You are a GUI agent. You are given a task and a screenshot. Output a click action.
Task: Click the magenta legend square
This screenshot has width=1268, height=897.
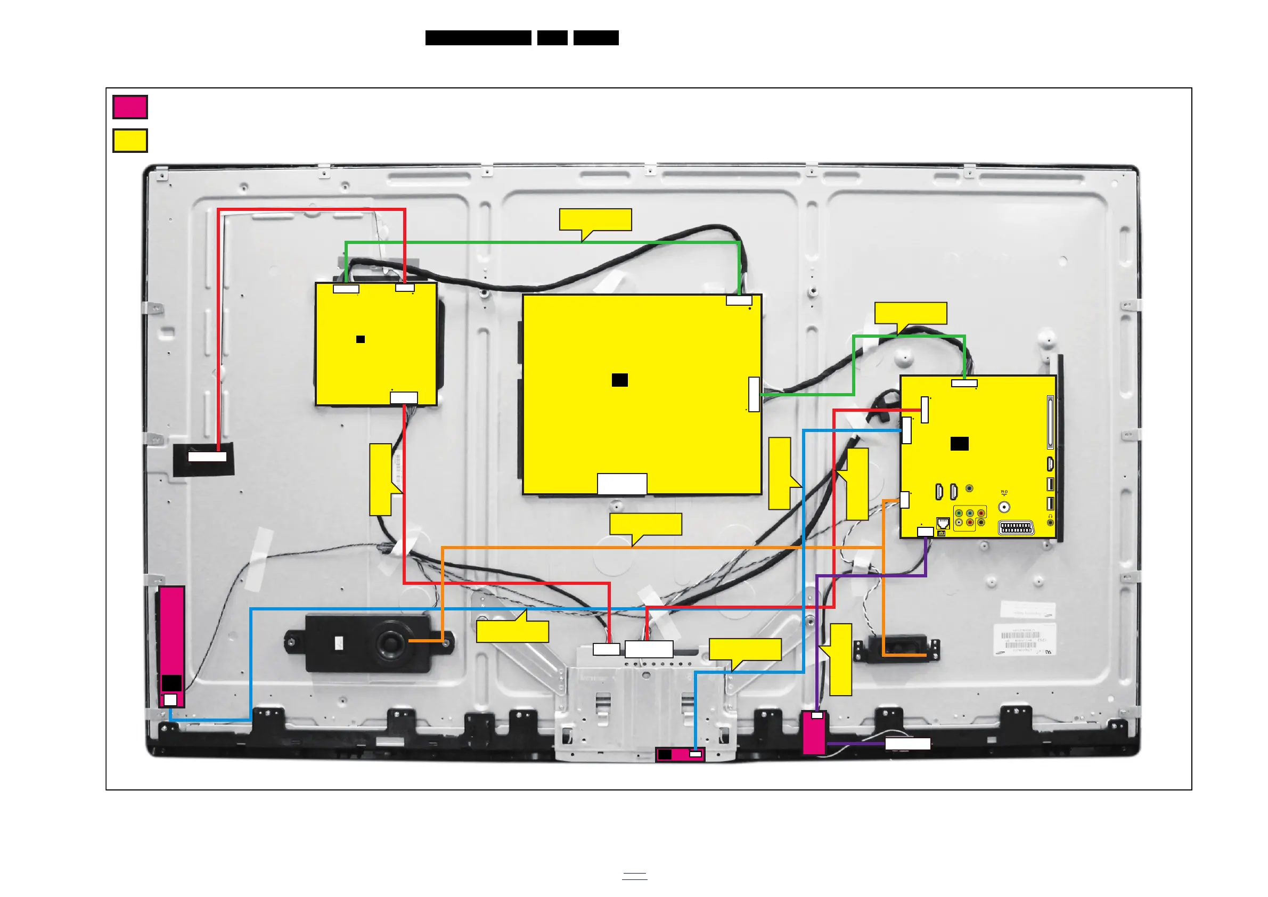click(x=130, y=107)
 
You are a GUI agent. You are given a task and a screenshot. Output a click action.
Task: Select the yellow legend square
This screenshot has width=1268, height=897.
click(x=130, y=140)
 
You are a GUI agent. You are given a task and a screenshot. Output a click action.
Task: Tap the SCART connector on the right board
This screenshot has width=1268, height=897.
click(x=1016, y=528)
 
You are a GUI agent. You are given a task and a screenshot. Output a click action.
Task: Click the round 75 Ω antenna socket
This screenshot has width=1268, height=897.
click(x=1004, y=507)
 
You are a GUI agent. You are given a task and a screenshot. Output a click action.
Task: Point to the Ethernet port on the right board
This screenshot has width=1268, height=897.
click(x=943, y=523)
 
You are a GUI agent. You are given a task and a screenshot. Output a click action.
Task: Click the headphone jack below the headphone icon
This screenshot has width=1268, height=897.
click(x=1050, y=523)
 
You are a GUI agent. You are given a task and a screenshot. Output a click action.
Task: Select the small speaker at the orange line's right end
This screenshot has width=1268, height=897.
click(x=896, y=649)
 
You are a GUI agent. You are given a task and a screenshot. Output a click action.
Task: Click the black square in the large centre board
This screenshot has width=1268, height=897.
click(x=620, y=380)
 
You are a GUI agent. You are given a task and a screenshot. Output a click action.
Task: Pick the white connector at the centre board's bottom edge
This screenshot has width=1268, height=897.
click(x=622, y=484)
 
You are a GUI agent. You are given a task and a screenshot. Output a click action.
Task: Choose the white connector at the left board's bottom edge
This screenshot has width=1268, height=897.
click(x=404, y=398)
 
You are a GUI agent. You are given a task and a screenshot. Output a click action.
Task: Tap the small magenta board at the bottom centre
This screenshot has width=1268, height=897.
click(x=680, y=754)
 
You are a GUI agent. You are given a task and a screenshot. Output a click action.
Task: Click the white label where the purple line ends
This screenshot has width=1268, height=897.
click(x=908, y=744)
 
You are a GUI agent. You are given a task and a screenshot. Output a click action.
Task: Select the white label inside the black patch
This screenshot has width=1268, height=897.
click(x=207, y=457)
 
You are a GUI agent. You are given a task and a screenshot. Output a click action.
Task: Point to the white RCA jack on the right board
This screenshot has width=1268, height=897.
click(x=959, y=522)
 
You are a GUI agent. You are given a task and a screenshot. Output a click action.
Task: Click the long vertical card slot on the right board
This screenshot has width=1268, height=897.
click(x=1050, y=422)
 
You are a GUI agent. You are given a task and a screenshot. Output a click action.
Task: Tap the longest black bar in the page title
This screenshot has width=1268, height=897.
click(x=478, y=38)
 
